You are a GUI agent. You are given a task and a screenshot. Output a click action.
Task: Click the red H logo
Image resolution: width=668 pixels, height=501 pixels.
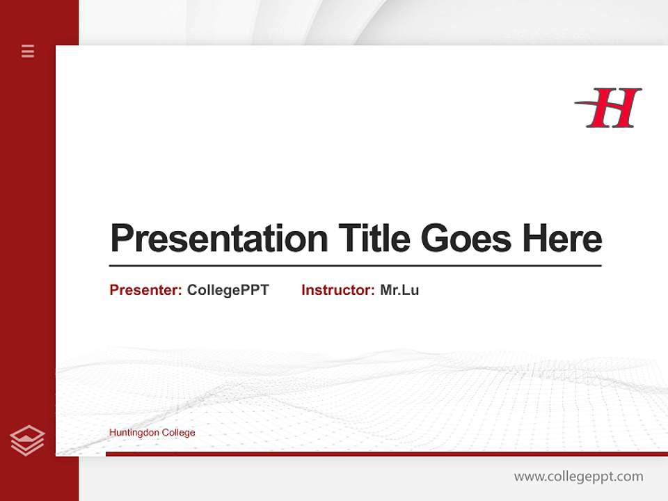[x=610, y=108]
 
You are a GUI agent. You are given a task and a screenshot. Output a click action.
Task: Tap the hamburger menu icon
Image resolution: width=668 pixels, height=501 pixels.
[x=28, y=51]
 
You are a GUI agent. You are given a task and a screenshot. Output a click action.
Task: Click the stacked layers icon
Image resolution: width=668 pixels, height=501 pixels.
[x=28, y=440]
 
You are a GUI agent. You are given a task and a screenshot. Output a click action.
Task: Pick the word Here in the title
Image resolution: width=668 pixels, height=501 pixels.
[x=562, y=239]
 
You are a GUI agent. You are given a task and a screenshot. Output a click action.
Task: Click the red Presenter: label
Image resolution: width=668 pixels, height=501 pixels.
[x=146, y=290]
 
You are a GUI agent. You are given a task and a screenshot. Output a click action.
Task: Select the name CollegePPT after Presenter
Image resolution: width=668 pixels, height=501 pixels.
[x=228, y=290]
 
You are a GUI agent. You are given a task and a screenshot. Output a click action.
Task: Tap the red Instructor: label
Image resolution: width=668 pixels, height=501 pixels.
[x=337, y=290]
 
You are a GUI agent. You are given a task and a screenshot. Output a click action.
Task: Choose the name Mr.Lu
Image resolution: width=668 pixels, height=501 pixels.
[x=399, y=290]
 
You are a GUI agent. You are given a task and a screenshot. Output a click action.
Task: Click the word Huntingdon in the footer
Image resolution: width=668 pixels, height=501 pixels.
[x=134, y=433]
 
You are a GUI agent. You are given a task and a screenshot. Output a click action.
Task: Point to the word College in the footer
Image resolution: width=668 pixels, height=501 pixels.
[x=179, y=433]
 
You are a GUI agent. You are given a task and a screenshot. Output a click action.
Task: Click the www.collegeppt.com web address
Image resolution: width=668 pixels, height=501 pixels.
[x=578, y=477]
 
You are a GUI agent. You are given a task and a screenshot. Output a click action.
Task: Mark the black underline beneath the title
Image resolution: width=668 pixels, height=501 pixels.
[x=355, y=266]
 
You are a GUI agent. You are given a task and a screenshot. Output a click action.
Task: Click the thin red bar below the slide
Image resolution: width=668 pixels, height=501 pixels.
[x=386, y=454]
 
